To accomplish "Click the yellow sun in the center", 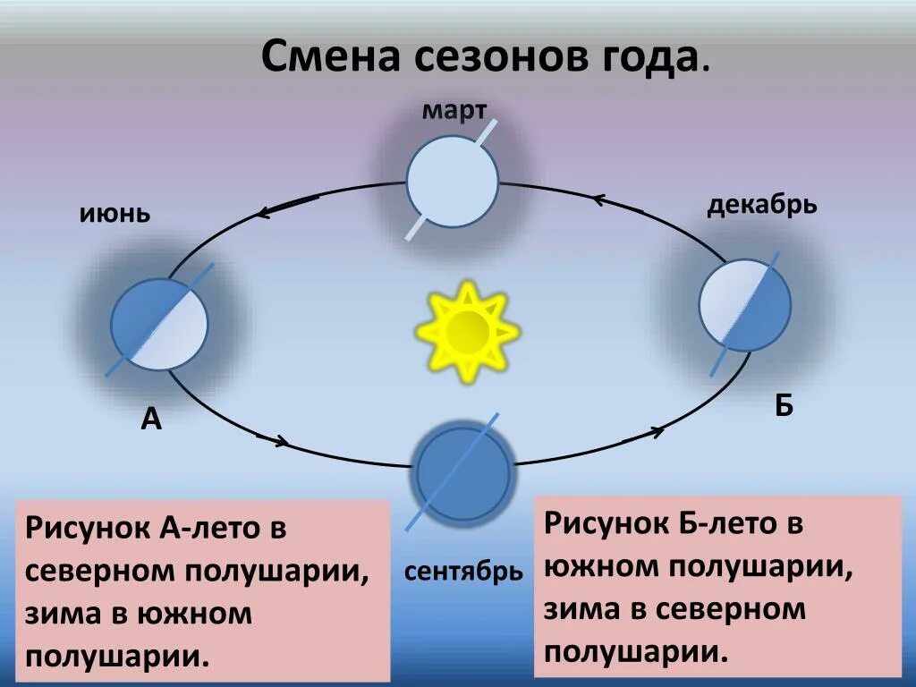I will coord(466,331).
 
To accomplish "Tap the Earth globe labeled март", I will coord(452,182).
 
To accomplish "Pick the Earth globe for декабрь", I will coord(745,305).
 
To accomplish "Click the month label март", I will coord(454,111).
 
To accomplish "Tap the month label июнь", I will coord(114,214).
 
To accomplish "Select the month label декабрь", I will coord(762,206).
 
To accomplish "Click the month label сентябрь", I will coord(463,572).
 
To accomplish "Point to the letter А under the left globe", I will coord(151,418).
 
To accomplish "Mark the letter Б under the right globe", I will coord(784,405).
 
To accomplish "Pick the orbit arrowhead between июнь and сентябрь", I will coord(281,441).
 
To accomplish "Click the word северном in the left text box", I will coord(95,571).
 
